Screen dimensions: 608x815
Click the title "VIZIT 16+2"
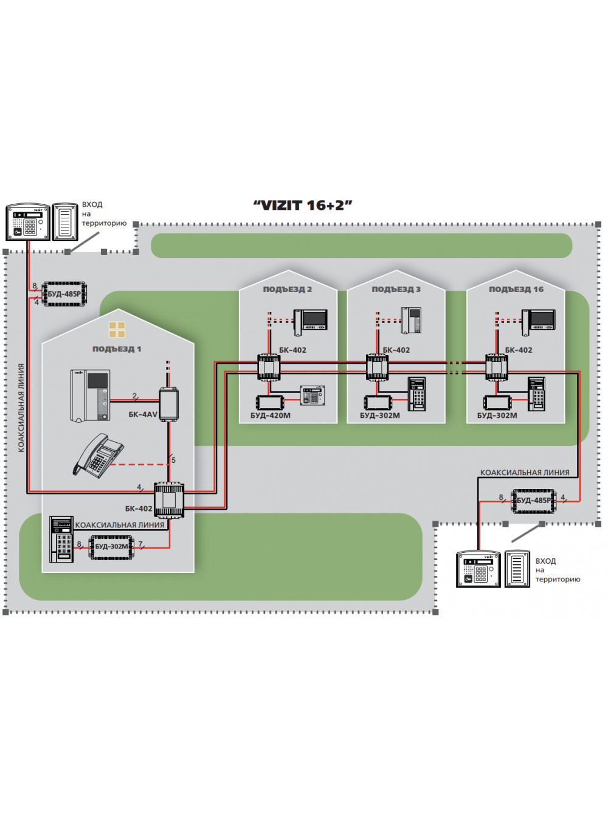coord(303,205)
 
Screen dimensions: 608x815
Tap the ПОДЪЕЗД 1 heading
coord(117,349)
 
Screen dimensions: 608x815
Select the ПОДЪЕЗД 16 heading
coord(516,290)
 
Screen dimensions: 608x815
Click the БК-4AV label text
coord(143,414)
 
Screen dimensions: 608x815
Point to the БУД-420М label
coord(270,415)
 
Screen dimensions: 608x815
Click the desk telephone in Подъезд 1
coord(98,455)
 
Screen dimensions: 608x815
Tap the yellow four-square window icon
coord(117,330)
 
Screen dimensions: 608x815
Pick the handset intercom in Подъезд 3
coord(411,320)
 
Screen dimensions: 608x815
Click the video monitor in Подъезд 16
coord(539,322)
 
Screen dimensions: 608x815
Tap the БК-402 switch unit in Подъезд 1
coord(169,499)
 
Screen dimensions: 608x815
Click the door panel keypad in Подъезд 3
coord(416,394)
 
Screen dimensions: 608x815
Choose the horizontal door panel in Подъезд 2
coord(312,395)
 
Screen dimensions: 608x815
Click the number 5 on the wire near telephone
coord(173,460)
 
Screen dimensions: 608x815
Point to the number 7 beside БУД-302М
coord(140,544)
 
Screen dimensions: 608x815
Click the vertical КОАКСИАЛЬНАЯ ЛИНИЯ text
coord(21,407)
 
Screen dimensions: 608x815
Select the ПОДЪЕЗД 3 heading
coord(396,290)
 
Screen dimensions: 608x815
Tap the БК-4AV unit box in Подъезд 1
coord(169,404)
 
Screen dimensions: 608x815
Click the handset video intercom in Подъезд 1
coord(90,396)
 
